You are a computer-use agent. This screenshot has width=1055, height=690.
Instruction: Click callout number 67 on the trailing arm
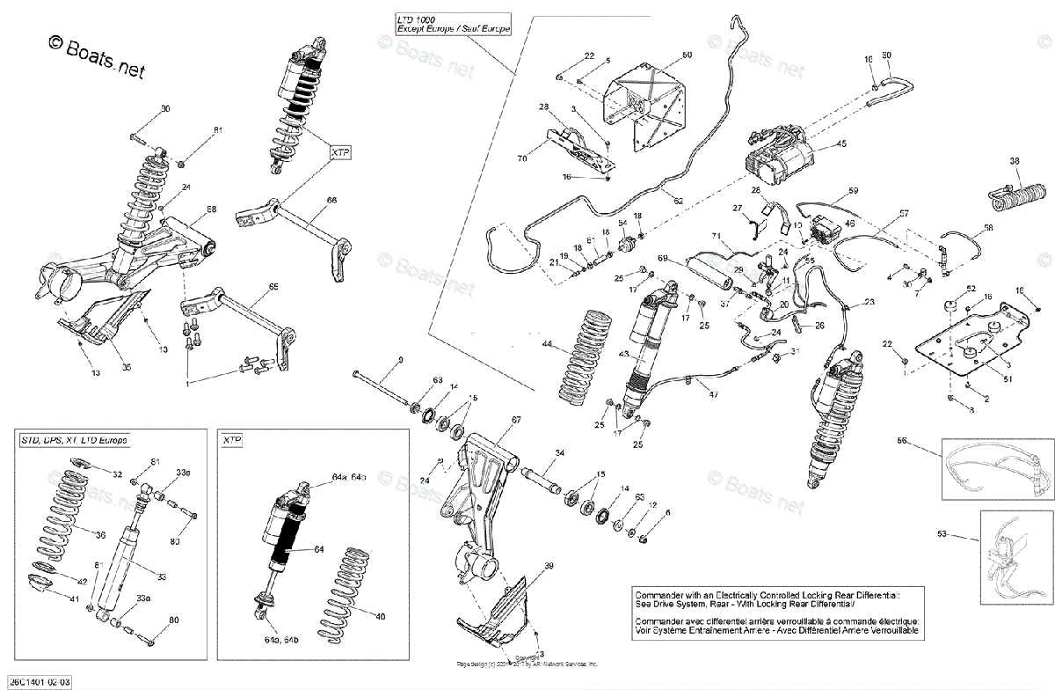(516, 420)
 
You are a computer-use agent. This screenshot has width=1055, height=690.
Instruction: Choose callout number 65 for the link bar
(273, 288)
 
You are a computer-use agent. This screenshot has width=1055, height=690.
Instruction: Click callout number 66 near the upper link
(331, 200)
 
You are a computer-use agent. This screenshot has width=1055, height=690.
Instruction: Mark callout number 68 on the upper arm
(211, 209)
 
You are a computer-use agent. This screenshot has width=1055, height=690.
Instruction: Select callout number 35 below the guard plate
(126, 367)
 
